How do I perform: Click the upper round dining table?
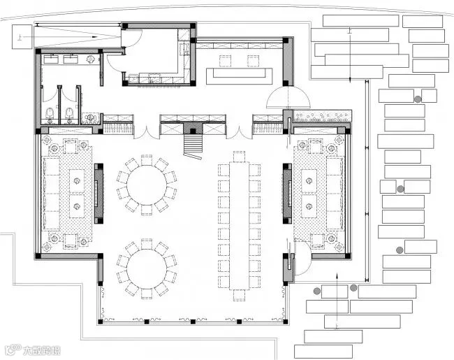pos(146,184)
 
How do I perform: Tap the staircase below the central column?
pos(193,145)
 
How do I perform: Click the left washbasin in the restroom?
pos(51,59)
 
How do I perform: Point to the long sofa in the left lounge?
pos(51,194)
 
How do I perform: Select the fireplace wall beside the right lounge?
pos(286,190)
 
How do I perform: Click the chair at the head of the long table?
pos(239,156)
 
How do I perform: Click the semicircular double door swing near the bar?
pos(284,98)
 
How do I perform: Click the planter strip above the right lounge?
pos(321,116)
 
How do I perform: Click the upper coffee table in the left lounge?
pos(75,177)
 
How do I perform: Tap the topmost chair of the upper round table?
pos(146,160)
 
